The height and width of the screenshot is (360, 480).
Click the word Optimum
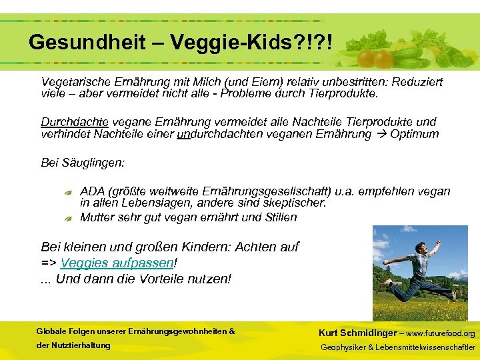coord(415,134)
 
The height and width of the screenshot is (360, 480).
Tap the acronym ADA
coord(92,192)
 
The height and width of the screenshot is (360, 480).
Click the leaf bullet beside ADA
coord(69,193)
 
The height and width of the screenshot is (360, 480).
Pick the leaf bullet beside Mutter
coord(69,218)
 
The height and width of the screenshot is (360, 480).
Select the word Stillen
coord(279,217)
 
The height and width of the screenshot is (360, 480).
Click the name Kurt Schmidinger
coord(357,333)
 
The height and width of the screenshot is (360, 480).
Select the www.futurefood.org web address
coord(441,333)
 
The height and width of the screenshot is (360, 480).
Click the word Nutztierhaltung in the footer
coord(73,345)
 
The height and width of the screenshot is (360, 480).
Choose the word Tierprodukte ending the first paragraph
coord(346,94)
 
